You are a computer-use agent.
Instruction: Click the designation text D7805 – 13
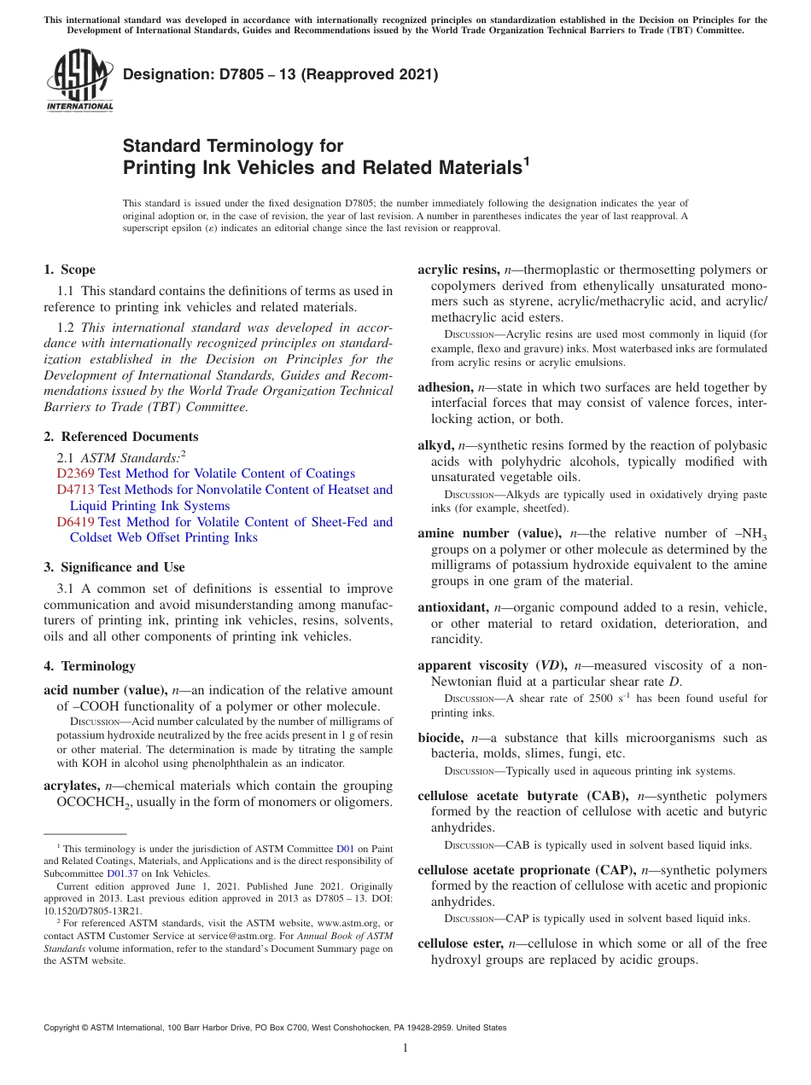281,75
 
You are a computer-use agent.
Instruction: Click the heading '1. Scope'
69,270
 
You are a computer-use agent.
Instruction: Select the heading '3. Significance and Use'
114,567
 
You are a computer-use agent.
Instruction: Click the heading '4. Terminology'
89,666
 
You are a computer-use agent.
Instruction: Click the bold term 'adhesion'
445,387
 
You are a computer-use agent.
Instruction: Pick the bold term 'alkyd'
435,445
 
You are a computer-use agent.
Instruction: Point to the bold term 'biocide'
441,738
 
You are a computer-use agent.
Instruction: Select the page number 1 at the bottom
405,1047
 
